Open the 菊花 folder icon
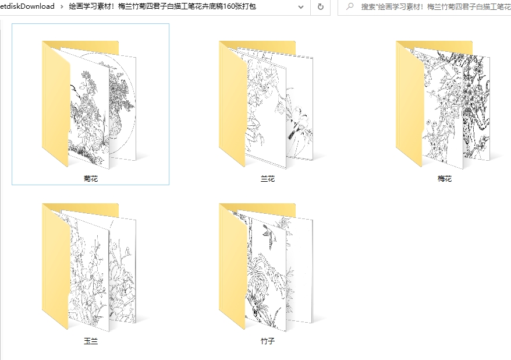coord(88,104)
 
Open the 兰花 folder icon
coord(266,104)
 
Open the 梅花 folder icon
coord(442,104)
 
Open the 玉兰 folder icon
coord(88,267)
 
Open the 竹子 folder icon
coord(266,267)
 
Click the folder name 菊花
coord(91,179)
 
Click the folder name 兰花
coord(268,179)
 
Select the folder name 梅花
coord(445,179)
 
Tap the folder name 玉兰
coord(91,341)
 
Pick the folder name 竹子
coord(268,341)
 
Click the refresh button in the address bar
coord(321,6)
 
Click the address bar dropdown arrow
coord(301,7)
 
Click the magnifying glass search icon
coord(350,6)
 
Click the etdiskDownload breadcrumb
coord(27,6)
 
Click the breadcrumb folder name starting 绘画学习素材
coord(162,6)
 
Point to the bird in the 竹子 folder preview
coord(269,235)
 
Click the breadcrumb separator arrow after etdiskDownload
coord(62,6)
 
